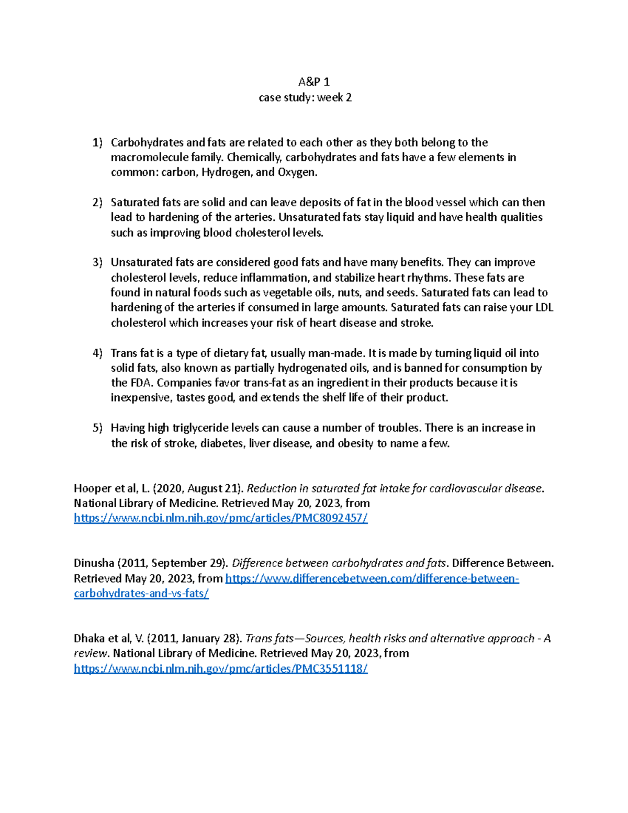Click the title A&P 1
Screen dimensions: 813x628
coord(313,82)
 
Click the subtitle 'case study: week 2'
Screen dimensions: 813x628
coord(305,97)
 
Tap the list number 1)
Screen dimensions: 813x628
coord(97,142)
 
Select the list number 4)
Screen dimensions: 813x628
coord(97,353)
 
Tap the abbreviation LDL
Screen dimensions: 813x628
coord(544,308)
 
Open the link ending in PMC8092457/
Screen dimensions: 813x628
coord(220,518)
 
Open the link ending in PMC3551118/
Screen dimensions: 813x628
coord(220,669)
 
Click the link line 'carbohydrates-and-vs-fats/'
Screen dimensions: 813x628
coord(141,594)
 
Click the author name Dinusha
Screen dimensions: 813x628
coord(94,563)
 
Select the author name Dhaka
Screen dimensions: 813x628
coord(89,639)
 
